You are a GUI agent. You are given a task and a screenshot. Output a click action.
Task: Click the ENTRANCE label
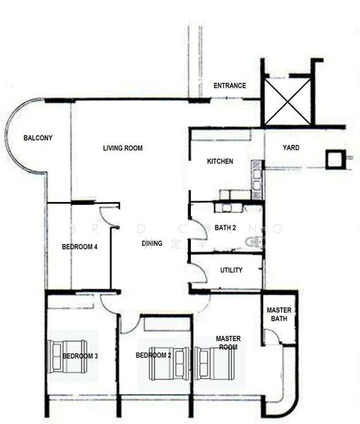click(230, 86)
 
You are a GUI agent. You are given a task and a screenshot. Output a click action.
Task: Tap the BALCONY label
click(37, 138)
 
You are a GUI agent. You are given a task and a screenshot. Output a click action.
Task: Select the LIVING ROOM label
click(123, 148)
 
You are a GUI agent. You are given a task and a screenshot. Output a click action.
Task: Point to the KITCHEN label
click(220, 162)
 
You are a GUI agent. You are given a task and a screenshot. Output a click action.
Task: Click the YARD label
click(291, 148)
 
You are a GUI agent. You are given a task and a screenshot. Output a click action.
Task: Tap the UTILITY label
click(231, 271)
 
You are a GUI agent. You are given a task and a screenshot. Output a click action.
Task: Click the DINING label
click(152, 244)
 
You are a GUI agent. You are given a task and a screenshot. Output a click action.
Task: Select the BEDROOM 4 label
click(80, 247)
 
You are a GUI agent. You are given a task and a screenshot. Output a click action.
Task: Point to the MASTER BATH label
click(279, 314)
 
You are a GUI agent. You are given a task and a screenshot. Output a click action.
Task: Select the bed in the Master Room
click(216, 363)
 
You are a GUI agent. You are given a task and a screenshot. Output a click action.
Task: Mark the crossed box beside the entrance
click(288, 102)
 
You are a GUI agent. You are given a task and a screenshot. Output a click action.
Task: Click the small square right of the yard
click(333, 159)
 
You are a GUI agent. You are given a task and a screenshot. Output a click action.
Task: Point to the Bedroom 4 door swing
click(108, 215)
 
